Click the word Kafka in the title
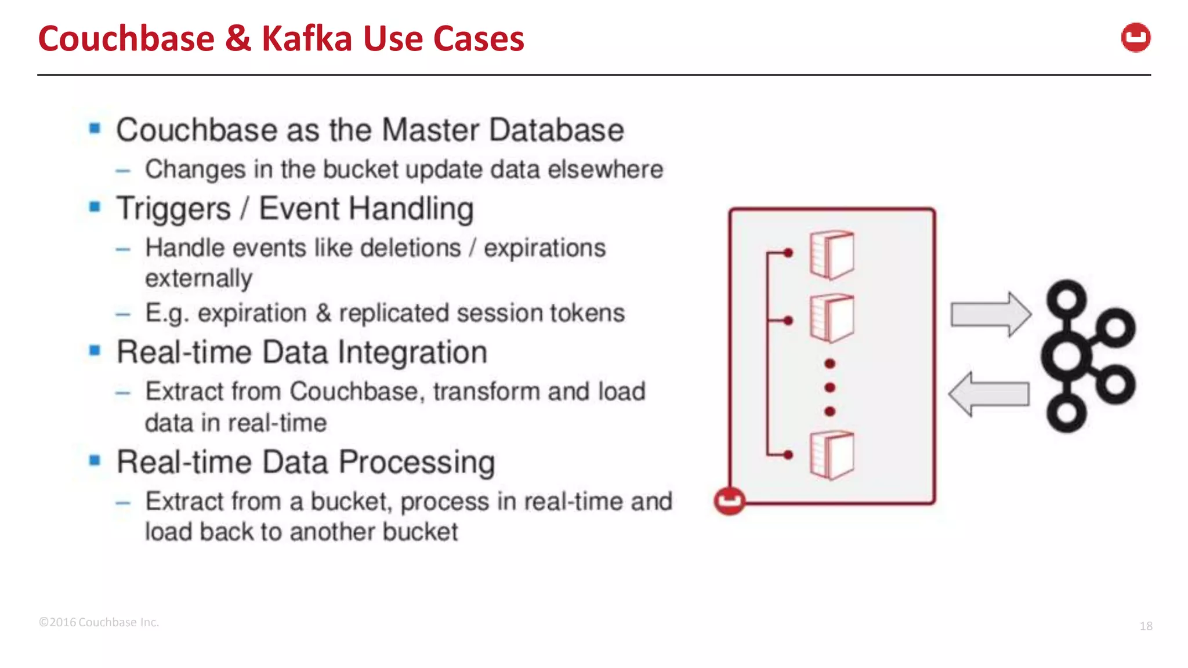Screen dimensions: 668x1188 pos(306,39)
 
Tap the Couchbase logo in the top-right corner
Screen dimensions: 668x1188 pos(1135,38)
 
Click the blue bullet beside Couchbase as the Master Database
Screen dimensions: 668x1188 pos(95,128)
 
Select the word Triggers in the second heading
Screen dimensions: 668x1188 pos(173,209)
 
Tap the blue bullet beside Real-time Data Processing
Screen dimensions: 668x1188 pos(95,460)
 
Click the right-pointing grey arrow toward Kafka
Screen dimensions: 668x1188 pos(990,314)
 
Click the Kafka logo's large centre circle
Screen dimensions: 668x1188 pos(1066,356)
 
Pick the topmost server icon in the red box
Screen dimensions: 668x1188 pos(832,255)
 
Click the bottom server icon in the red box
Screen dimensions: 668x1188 pos(832,455)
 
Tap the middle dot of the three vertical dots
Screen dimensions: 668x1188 pos(830,387)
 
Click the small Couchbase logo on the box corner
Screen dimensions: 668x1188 pos(729,500)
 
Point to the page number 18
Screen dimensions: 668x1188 pos(1146,626)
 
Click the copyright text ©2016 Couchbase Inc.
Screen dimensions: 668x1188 pos(99,622)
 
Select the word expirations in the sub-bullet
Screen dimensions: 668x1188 pos(545,248)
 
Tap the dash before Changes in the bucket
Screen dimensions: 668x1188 pos(123,170)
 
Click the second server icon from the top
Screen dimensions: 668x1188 pos(832,318)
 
